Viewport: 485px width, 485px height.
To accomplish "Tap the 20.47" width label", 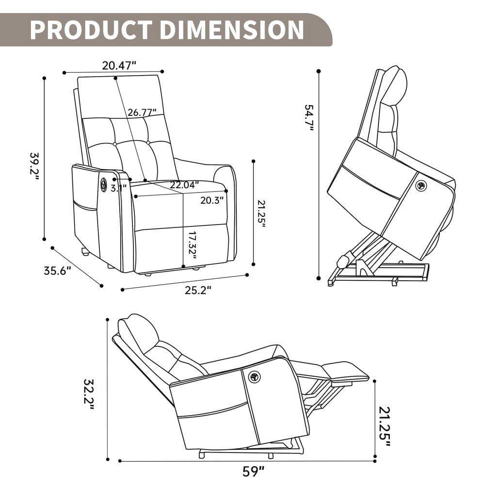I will [x=119, y=65].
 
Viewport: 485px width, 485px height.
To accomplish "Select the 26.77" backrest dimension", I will [x=142, y=113].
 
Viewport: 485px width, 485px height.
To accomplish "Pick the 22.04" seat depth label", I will [x=184, y=185].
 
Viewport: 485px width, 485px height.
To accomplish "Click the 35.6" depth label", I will [x=58, y=271].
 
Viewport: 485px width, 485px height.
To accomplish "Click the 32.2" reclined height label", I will [x=88, y=393].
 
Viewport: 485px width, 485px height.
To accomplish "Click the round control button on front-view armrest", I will [x=103, y=184].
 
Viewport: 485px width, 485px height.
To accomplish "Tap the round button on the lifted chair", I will [x=420, y=186].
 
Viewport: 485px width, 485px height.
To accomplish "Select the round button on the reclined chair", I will [x=254, y=377].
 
